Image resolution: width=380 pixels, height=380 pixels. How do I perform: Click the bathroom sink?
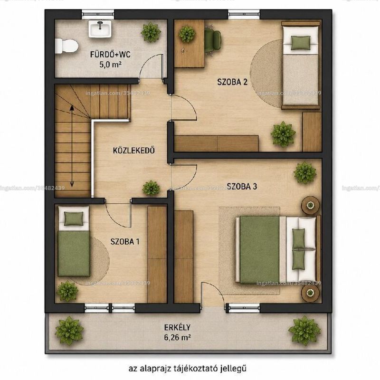[x=100, y=29]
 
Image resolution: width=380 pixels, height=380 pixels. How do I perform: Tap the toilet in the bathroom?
[x=66, y=46]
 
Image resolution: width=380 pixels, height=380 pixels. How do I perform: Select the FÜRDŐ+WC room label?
[x=110, y=54]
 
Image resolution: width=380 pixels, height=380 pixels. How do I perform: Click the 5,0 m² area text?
[x=110, y=65]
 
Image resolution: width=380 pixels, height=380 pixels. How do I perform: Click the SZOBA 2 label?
[x=232, y=82]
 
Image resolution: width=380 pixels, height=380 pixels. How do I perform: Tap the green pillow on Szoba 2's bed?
[x=301, y=43]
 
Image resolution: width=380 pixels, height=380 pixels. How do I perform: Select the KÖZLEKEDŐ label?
[x=134, y=150]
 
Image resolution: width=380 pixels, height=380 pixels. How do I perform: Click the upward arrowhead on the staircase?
[x=72, y=108]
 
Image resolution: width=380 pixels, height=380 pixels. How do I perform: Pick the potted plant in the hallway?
[x=151, y=188]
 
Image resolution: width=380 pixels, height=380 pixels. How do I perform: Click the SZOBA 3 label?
[x=242, y=186]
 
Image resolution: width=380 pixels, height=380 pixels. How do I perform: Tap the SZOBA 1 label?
[x=125, y=242]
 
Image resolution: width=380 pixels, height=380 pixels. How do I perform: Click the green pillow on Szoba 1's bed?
[x=74, y=218]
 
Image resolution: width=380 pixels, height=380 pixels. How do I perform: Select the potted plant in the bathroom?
[x=151, y=32]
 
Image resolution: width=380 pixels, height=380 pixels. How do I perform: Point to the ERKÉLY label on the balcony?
[x=177, y=327]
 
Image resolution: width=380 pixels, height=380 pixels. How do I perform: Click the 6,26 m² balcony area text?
[x=177, y=337]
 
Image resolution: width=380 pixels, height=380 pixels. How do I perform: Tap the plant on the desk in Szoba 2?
[x=187, y=34]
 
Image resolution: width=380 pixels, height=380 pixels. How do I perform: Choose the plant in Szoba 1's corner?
[x=67, y=291]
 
